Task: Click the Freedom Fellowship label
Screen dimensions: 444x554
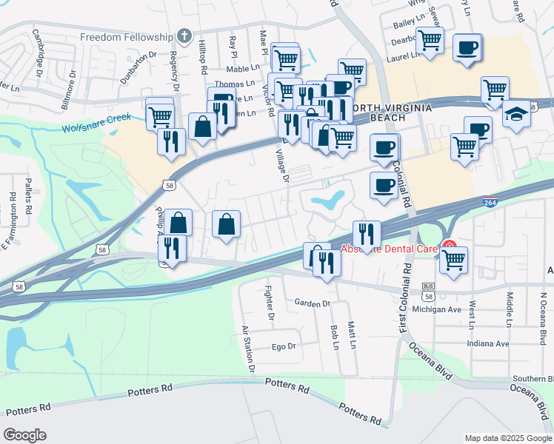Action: tap(126, 37)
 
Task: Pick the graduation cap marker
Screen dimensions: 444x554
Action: tap(517, 114)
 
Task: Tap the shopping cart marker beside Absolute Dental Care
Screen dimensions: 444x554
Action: tap(453, 259)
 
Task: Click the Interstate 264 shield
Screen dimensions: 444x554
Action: tap(490, 201)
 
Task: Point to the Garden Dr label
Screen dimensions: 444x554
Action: tap(311, 303)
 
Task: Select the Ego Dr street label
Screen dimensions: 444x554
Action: tap(284, 346)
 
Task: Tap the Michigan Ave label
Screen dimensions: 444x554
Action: tap(437, 309)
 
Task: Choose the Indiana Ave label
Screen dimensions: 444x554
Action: tap(488, 343)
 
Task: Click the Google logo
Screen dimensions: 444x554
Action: tap(24, 434)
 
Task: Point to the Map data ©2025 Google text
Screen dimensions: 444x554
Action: tap(508, 438)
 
